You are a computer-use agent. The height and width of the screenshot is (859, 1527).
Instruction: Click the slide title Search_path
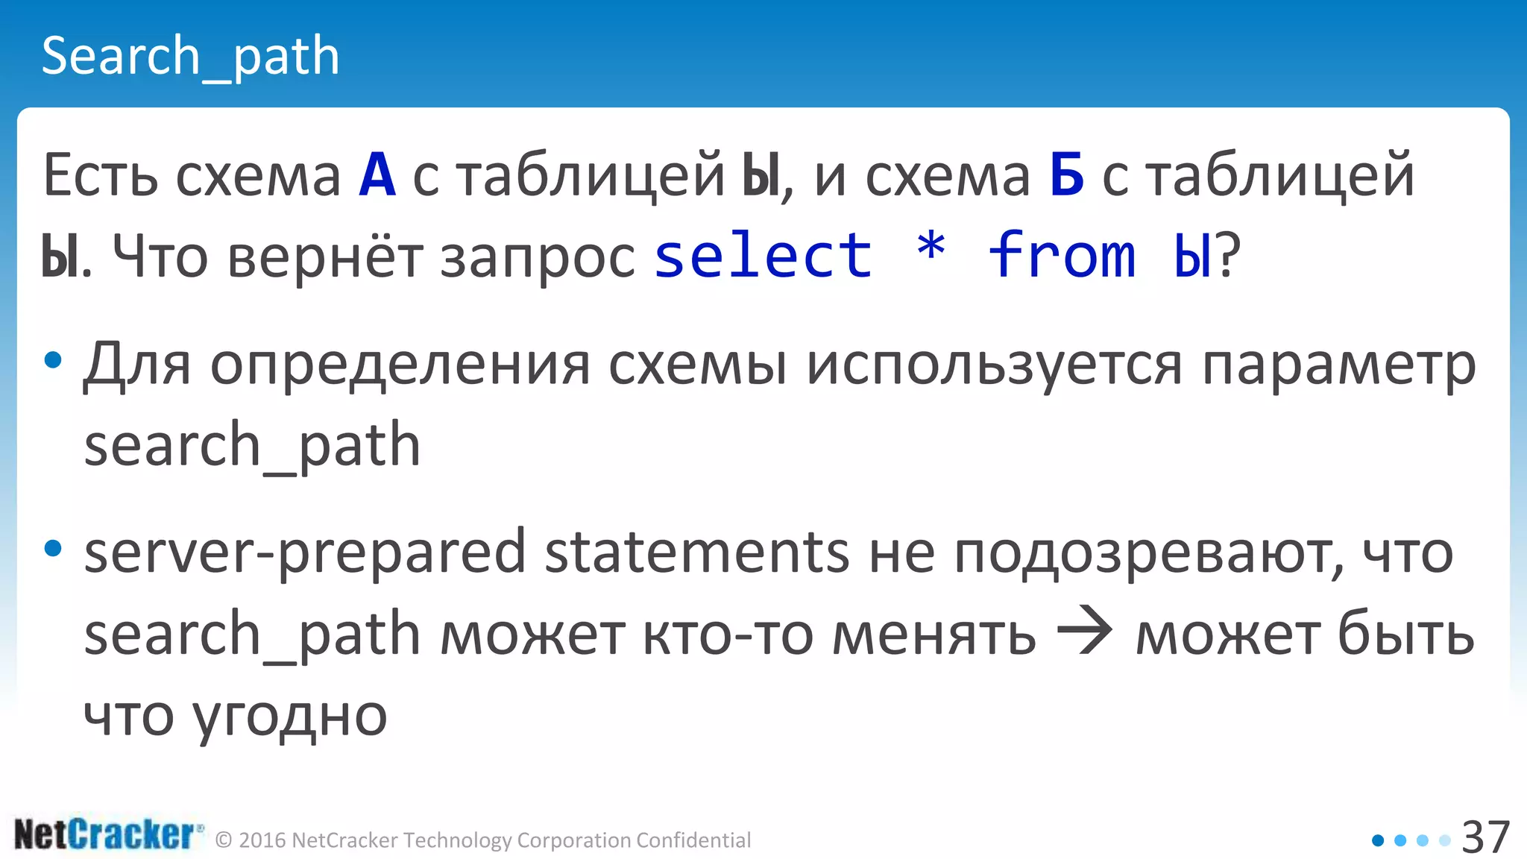pos(190,57)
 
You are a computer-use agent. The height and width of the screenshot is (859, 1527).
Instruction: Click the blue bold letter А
pos(377,176)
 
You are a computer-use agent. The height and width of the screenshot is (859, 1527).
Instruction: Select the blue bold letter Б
pos(1067,176)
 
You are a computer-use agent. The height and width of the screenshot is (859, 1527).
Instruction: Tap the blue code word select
pos(763,256)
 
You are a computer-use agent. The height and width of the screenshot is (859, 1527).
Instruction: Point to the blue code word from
pos(1062,256)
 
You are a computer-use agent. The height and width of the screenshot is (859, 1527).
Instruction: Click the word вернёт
pos(324,257)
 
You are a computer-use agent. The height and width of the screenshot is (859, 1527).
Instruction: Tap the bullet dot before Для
pos(53,361)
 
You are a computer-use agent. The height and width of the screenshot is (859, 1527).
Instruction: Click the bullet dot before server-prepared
pos(53,549)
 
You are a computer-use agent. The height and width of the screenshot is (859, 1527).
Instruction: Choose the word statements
pos(697,553)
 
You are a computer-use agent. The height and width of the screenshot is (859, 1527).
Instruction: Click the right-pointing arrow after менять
pos(1085,632)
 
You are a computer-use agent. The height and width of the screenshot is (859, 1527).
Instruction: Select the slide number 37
pos(1485,837)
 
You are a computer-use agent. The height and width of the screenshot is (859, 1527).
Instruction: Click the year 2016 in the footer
pos(262,840)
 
